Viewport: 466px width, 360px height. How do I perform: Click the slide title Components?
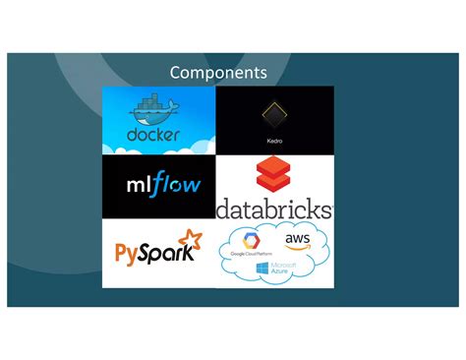tap(217, 73)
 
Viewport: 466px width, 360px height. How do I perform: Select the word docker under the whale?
tap(153, 134)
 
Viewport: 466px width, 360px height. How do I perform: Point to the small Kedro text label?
tap(274, 141)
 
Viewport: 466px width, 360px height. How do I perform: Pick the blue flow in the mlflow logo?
tap(178, 185)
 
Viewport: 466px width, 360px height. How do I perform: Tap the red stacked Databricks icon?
tap(274, 178)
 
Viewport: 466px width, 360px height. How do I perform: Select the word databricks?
tap(274, 210)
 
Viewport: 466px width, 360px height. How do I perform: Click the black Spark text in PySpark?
tap(168, 253)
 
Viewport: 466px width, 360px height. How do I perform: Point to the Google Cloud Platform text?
tap(250, 254)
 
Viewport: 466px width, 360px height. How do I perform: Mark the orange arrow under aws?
tap(297, 248)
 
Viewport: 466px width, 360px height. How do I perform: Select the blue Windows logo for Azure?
tap(262, 268)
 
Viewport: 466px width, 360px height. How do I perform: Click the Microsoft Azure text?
tap(286, 268)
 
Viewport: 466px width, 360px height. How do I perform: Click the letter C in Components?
tap(176, 73)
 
